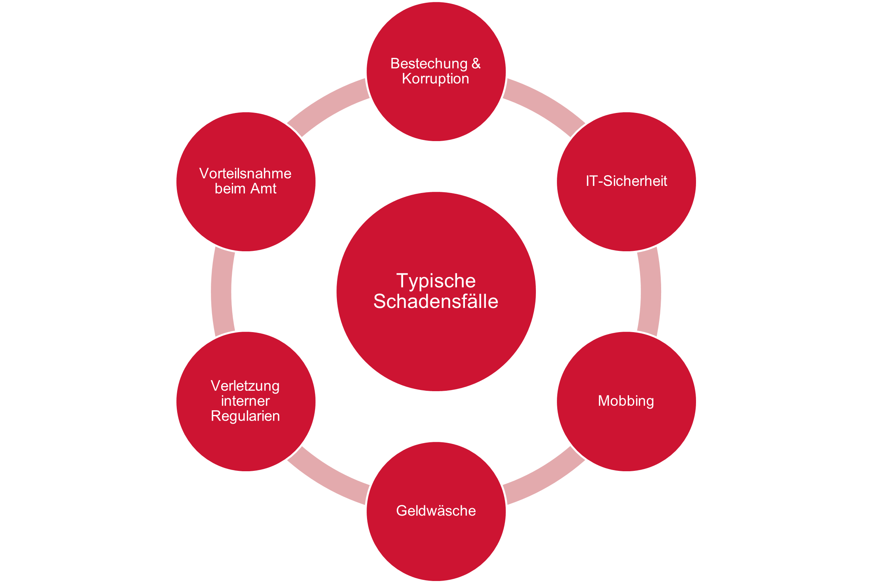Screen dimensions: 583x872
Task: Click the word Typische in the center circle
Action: pos(436,281)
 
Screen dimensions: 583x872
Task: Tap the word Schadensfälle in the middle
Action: pos(436,302)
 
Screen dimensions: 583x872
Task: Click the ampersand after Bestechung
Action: pos(476,63)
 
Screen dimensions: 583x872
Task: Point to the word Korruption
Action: pos(435,78)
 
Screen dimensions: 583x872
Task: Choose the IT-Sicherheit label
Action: pos(626,181)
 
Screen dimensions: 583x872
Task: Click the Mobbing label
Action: pos(626,401)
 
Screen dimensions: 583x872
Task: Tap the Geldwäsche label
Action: pos(436,510)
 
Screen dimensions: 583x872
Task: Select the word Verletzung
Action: pos(245,386)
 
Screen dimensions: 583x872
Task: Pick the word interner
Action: pos(245,401)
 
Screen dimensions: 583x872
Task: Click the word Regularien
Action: pos(245,416)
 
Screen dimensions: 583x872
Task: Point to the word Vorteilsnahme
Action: pos(245,173)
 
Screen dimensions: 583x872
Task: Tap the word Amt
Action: pos(264,189)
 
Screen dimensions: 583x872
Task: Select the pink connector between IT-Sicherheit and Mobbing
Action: pos(650,291)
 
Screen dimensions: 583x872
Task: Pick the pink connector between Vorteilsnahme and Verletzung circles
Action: pos(222,291)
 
